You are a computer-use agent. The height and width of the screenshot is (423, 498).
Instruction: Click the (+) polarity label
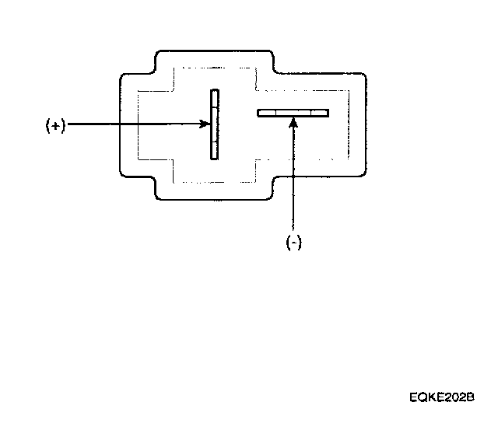click(x=54, y=126)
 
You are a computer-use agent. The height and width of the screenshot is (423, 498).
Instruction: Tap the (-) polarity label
click(x=293, y=242)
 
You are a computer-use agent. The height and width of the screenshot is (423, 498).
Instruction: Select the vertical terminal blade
click(x=215, y=124)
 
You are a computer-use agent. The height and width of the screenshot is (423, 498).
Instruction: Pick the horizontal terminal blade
click(x=293, y=113)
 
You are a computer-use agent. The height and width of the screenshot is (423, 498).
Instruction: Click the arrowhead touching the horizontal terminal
click(x=293, y=121)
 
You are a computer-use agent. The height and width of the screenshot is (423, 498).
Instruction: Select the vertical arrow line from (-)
click(x=293, y=179)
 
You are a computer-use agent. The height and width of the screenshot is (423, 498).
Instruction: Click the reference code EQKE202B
click(x=442, y=397)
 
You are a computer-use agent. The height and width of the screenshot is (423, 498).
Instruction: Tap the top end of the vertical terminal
click(x=215, y=92)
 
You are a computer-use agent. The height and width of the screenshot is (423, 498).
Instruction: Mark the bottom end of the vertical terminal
click(x=215, y=157)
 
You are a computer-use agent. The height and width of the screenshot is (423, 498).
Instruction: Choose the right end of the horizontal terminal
click(x=326, y=113)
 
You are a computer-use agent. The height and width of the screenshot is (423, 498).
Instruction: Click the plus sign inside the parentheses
click(x=54, y=126)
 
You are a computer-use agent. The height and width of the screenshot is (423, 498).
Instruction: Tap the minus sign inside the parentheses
click(x=293, y=242)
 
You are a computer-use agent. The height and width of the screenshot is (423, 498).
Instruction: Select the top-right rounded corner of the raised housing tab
click(x=272, y=54)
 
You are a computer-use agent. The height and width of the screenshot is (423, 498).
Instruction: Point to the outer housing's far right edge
click(x=366, y=124)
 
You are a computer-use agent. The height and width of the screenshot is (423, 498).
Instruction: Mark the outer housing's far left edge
click(x=119, y=124)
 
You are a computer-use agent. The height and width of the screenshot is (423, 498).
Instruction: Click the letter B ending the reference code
click(x=470, y=397)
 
